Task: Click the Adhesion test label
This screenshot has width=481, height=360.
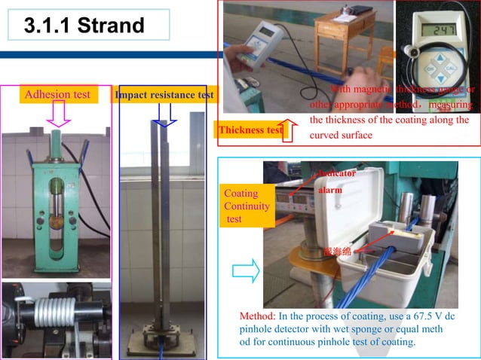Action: click(58, 95)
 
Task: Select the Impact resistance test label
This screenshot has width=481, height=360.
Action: click(164, 96)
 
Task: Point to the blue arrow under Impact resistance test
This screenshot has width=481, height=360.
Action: click(164, 114)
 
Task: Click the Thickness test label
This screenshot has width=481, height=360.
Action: click(250, 130)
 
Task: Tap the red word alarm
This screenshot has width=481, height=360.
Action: click(329, 191)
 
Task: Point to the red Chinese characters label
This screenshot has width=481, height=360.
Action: click(336, 250)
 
